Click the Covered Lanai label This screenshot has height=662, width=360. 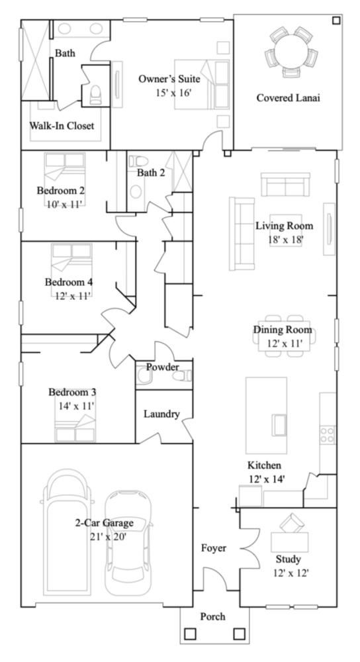click(288, 98)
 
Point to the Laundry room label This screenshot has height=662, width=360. click(161, 414)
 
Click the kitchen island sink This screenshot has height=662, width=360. click(279, 425)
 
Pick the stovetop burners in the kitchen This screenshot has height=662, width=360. click(328, 434)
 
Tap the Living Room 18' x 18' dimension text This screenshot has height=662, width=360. click(286, 240)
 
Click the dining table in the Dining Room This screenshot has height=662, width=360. click(285, 336)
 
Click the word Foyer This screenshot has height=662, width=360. click(214, 548)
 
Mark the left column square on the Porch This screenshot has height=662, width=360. click(190, 634)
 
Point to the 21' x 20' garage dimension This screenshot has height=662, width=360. click(108, 536)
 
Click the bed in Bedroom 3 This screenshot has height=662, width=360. click(75, 428)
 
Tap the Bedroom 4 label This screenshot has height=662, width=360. click(69, 281)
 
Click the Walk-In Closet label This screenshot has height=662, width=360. click(62, 126)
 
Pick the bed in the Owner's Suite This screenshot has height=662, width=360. click(202, 85)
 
